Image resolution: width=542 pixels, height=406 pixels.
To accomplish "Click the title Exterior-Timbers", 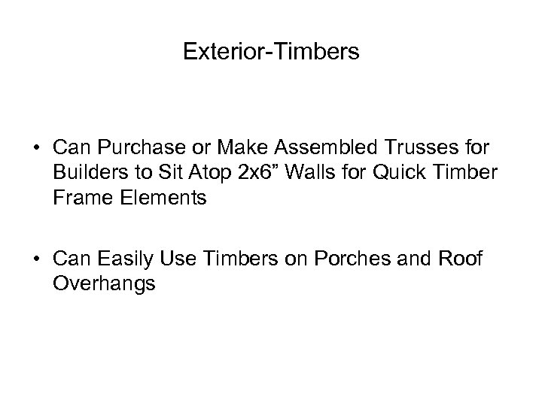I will point(271,52).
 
